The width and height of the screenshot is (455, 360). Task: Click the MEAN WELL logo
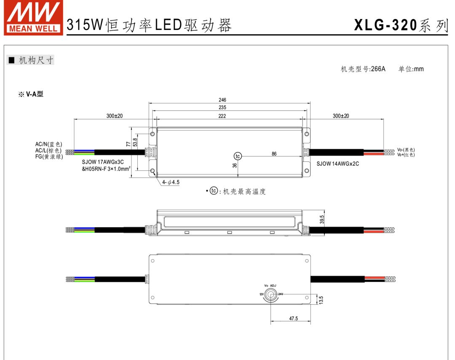tap(33, 18)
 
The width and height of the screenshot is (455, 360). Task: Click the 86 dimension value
tap(274, 154)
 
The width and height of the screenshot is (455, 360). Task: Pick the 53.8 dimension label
tap(135, 142)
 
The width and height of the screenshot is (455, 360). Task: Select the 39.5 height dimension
tap(322, 220)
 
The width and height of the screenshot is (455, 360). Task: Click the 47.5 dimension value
tap(293, 319)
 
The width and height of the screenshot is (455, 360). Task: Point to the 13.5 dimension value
tap(321, 300)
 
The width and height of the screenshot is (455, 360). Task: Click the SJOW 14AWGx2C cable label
tap(338, 164)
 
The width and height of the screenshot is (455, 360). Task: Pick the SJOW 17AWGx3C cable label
tap(103, 161)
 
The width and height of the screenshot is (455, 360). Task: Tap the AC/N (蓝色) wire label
tap(48, 144)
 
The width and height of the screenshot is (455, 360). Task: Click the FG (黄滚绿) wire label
tap(49, 157)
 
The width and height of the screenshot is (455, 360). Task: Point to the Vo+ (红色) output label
tap(406, 155)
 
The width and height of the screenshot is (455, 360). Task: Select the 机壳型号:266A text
tap(363, 69)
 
